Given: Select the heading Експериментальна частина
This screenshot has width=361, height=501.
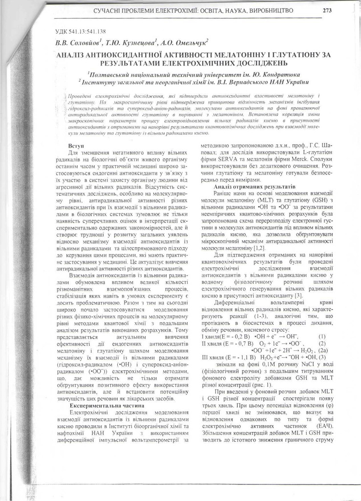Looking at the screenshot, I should tap(101, 406).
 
